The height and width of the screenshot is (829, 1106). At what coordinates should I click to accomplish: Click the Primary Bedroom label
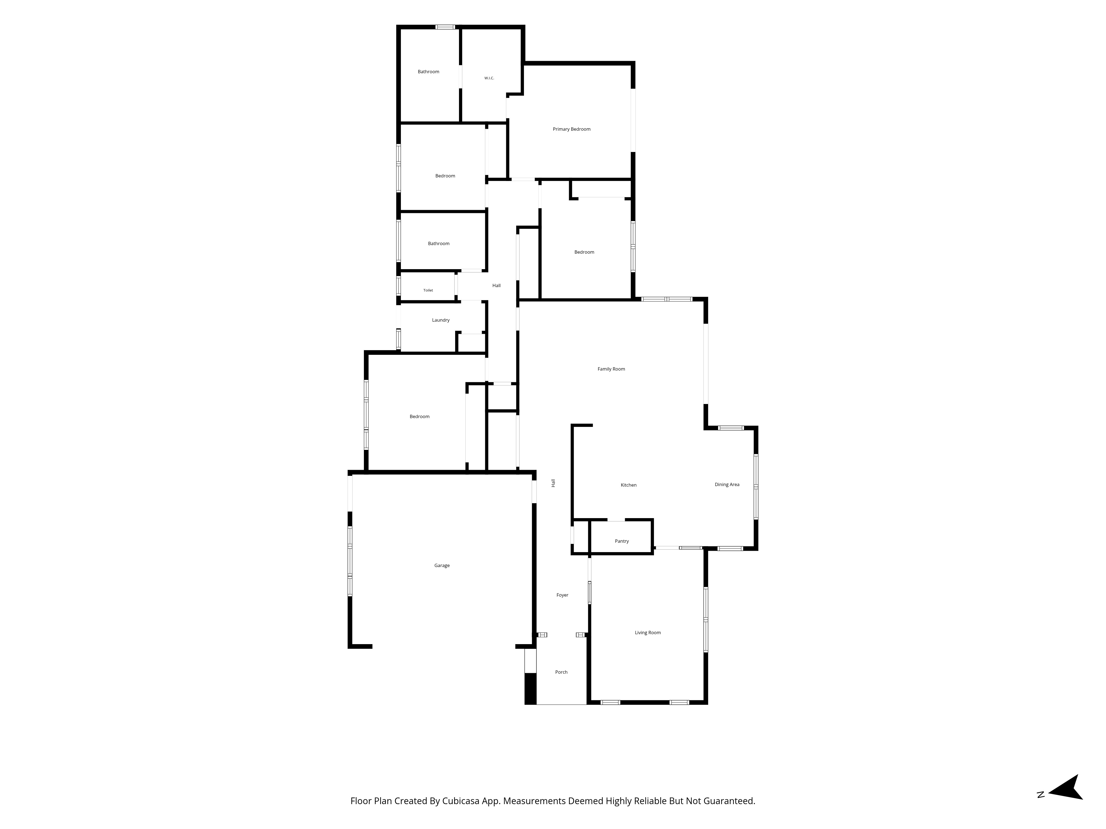tap(572, 129)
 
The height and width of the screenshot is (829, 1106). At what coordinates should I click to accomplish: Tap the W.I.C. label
tap(489, 78)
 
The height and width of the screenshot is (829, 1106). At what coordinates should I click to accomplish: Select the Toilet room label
tap(428, 290)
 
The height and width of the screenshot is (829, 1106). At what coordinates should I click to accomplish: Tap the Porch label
tap(562, 672)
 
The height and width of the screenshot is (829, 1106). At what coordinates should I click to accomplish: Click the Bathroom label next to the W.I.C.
tap(429, 72)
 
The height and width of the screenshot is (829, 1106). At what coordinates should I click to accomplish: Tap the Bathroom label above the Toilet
tap(439, 244)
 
